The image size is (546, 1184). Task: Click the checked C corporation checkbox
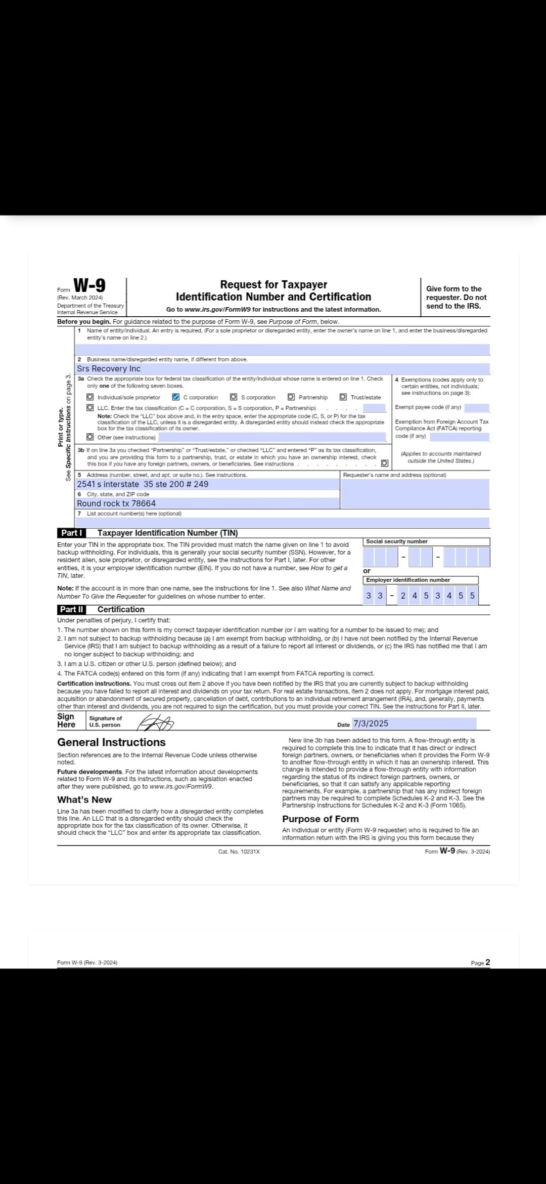[x=176, y=397]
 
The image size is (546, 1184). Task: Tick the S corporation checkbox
[x=234, y=397]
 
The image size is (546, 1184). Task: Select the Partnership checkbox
[x=291, y=397]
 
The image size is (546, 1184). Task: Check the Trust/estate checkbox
[x=343, y=397]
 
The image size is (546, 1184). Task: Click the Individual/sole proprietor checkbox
[x=90, y=397]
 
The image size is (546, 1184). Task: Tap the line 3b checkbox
[x=385, y=463]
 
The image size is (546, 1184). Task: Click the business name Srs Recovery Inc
[x=109, y=369]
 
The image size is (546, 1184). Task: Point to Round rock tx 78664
[x=116, y=503]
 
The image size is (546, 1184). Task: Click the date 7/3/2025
[x=371, y=724]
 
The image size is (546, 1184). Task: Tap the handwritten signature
[x=156, y=724]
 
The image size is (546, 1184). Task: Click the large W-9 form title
[x=89, y=286]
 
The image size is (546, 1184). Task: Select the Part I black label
[x=71, y=533]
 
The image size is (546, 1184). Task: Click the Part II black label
[x=72, y=610]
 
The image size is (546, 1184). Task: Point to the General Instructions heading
[x=111, y=742]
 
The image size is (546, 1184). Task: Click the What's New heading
[x=84, y=800]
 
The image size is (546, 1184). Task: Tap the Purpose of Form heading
[x=320, y=819]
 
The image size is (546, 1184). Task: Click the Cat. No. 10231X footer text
[x=239, y=852]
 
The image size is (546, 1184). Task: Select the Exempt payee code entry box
[x=476, y=408]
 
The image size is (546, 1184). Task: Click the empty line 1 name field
[x=282, y=350]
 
